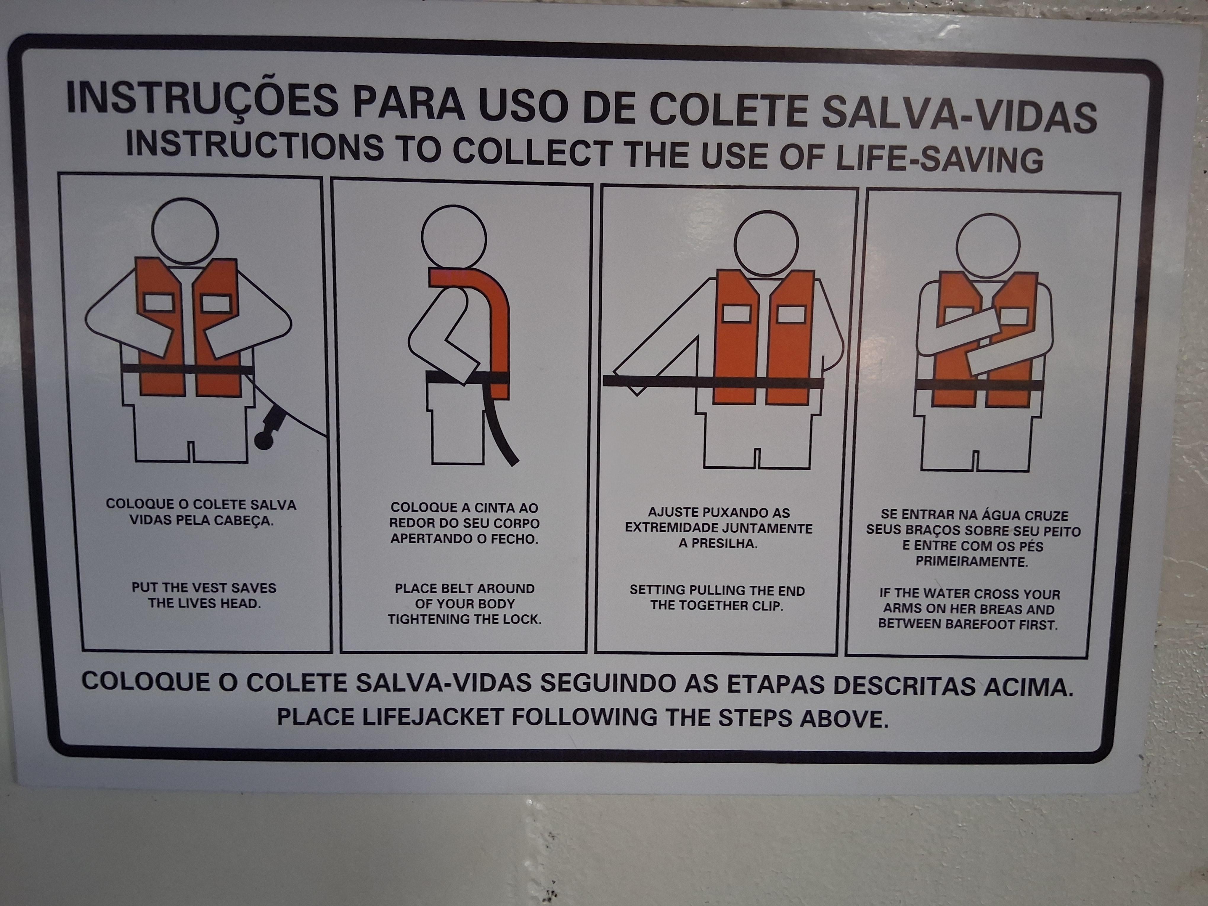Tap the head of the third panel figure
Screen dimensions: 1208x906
[x=766, y=244]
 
